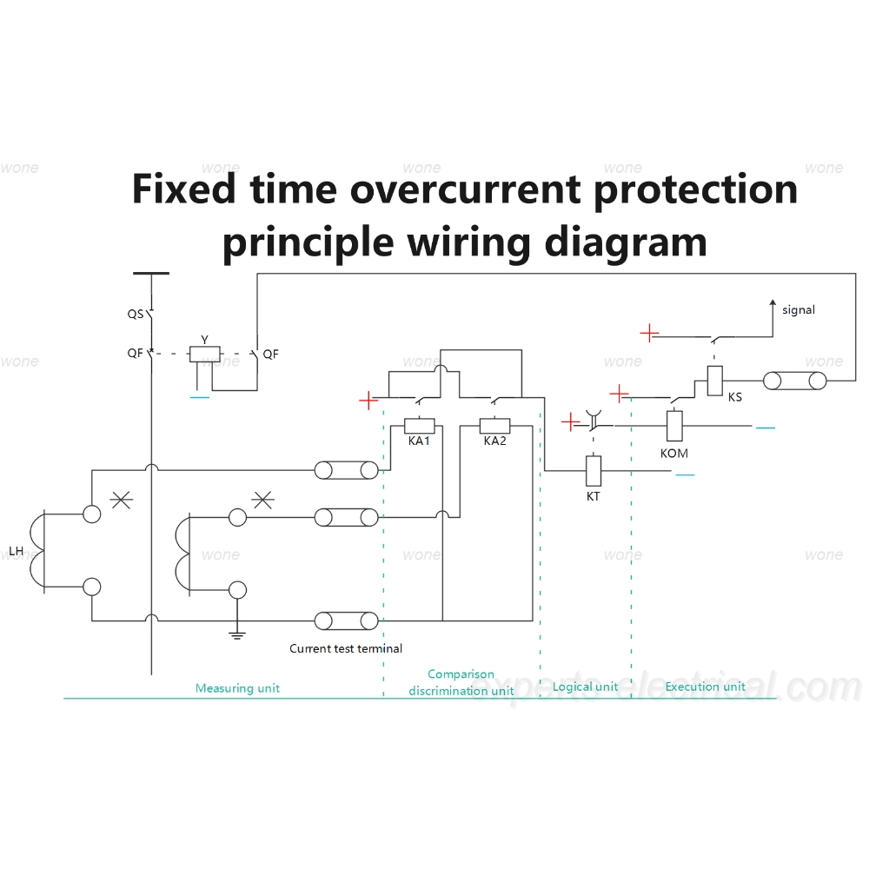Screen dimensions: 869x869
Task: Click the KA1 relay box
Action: (x=420, y=426)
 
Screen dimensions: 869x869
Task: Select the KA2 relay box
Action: (x=494, y=426)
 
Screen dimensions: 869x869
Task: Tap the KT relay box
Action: (x=594, y=470)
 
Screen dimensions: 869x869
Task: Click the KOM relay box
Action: (x=674, y=426)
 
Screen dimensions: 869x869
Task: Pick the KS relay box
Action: (x=715, y=381)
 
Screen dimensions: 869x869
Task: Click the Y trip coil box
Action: (x=205, y=355)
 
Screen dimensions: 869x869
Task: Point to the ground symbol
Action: (x=237, y=635)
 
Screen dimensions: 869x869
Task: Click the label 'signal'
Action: (x=799, y=310)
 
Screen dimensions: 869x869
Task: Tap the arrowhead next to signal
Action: (x=773, y=303)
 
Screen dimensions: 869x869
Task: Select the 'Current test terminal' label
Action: (x=346, y=648)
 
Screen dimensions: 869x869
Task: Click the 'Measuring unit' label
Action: (x=237, y=688)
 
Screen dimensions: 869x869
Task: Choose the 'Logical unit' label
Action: (x=585, y=687)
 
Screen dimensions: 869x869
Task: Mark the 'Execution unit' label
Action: (x=705, y=687)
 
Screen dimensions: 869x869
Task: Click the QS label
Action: (x=136, y=315)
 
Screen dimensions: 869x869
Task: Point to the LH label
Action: (x=16, y=552)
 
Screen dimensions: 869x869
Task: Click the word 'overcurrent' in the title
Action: (x=465, y=189)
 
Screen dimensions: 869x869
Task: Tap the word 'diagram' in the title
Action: (x=626, y=242)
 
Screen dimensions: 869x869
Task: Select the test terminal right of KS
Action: (x=795, y=381)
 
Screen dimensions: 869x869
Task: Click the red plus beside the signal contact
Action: (x=649, y=333)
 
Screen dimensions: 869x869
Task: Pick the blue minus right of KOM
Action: (x=766, y=428)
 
